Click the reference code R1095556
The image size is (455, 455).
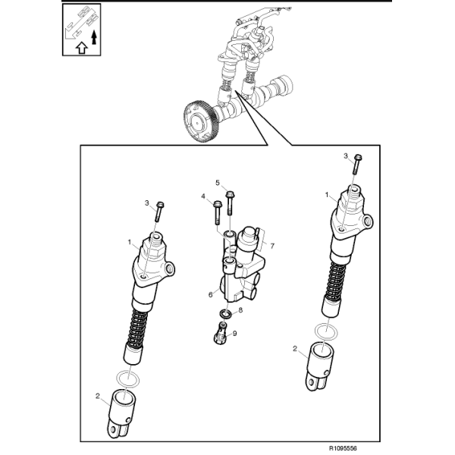click(343, 448)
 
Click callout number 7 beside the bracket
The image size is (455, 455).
click(272, 246)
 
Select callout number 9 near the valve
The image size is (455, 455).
click(234, 334)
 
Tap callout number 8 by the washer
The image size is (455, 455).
click(240, 310)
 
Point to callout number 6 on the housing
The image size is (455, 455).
click(210, 294)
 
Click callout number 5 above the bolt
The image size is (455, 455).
click(218, 183)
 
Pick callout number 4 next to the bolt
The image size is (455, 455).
click(203, 196)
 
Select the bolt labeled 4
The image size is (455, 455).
click(217, 212)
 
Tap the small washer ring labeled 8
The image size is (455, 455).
click(225, 314)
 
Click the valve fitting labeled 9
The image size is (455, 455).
click(221, 334)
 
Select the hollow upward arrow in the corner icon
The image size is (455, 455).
click(82, 48)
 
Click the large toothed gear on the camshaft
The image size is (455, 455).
click(201, 121)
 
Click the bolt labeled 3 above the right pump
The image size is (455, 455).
click(357, 164)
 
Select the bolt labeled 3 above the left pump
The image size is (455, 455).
click(159, 212)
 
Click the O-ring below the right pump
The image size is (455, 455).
click(327, 331)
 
